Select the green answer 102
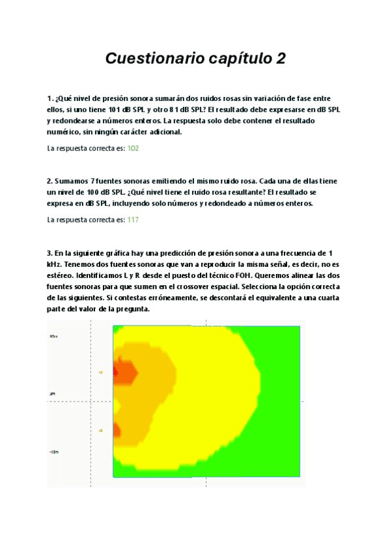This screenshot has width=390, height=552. tap(133, 148)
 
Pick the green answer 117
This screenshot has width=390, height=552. tap(133, 220)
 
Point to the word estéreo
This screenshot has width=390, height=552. tap(63, 275)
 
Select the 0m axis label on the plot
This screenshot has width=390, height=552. tap(52, 394)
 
